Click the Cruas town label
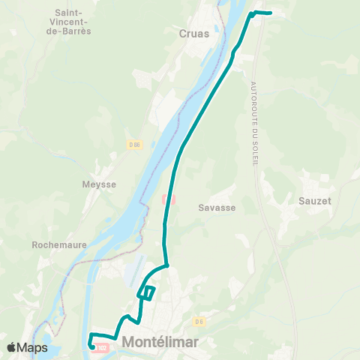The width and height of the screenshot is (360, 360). pyautogui.click(x=194, y=33)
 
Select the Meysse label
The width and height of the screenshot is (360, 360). pyautogui.click(x=97, y=183)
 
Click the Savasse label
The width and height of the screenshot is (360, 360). pyautogui.click(x=216, y=207)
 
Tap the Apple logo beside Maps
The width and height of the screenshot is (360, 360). pyautogui.click(x=11, y=347)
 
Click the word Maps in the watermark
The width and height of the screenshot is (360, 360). pyautogui.click(x=32, y=347)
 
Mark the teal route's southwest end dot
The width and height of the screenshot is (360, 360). pyautogui.click(x=91, y=346)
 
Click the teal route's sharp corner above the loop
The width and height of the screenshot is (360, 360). pyautogui.click(x=167, y=265)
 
